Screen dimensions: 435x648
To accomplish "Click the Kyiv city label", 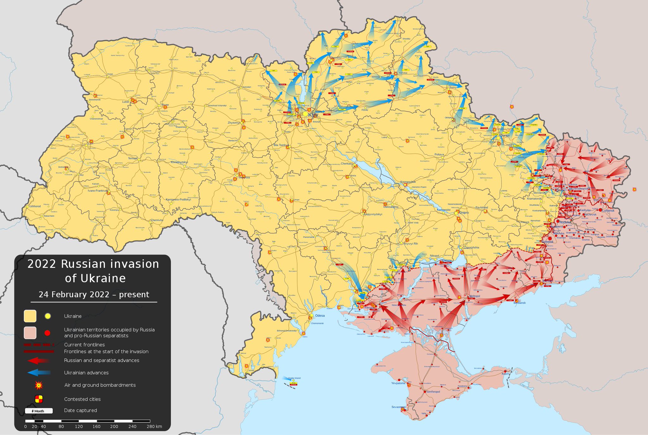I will [x=313, y=115].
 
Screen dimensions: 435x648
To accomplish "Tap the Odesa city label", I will [x=320, y=316].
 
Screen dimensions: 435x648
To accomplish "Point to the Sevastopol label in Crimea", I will [x=398, y=407].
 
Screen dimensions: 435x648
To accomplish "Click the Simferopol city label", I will [x=433, y=392].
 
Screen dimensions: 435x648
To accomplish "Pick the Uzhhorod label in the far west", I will [x=35, y=206].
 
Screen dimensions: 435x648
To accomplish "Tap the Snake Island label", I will [x=295, y=378].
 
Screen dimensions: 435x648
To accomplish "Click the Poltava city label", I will [x=439, y=154].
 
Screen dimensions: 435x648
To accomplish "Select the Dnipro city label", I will [x=464, y=213].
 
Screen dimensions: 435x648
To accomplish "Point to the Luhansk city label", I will [x=608, y=210].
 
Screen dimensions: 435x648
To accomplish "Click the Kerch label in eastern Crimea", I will [x=505, y=374].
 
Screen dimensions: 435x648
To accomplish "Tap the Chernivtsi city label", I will [x=157, y=220].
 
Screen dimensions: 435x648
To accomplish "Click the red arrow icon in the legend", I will [x=38, y=360].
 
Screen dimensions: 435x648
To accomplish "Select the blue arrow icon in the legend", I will [x=38, y=373].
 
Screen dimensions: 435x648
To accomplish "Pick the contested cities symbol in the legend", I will [x=39, y=399].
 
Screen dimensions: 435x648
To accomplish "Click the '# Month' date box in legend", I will [x=39, y=411].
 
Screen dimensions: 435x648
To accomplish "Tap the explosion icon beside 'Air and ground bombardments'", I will [x=39, y=385].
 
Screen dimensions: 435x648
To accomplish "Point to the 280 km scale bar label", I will [x=154, y=426].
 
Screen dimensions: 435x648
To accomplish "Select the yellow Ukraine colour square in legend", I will [x=30, y=316].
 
